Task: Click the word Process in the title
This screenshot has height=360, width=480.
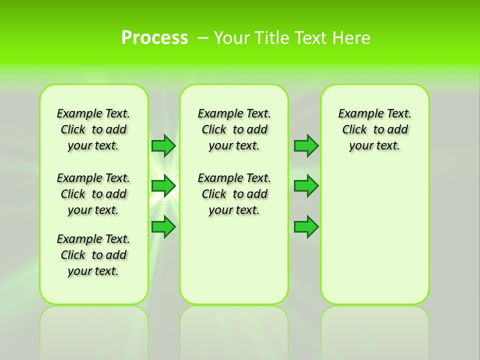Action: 154,37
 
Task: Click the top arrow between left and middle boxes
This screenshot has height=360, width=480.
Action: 163,145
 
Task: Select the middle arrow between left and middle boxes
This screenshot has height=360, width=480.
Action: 163,186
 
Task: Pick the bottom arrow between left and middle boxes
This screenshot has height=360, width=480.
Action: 163,227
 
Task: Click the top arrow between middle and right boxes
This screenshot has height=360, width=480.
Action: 306,145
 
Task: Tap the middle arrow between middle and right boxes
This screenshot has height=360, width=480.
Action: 306,186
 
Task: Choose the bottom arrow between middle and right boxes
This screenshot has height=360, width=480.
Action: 306,227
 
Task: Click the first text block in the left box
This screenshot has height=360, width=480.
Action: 93,129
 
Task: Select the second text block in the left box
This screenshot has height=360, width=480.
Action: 93,194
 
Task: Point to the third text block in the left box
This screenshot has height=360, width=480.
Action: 93,255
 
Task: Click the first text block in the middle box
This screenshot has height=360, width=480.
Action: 234,129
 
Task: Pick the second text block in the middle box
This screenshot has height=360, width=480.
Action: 234,194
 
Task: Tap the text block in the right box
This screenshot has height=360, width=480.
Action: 374,129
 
